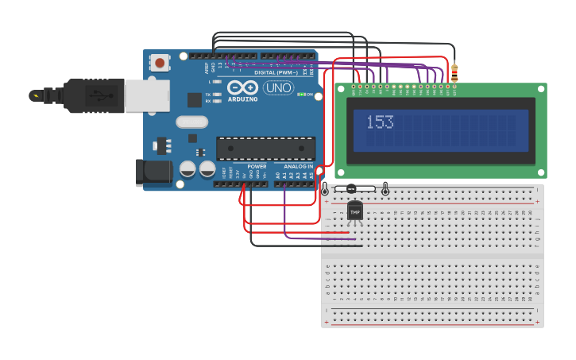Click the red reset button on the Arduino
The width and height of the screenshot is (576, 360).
click(x=160, y=62)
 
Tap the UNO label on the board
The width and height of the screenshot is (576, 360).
click(x=278, y=87)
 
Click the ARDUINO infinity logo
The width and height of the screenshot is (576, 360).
click(x=243, y=87)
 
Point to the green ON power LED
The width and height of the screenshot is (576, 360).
click(x=300, y=95)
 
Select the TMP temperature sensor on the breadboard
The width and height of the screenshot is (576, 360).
click(x=354, y=211)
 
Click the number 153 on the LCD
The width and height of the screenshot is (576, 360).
click(x=380, y=122)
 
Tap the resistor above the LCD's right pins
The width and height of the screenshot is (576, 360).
click(x=454, y=73)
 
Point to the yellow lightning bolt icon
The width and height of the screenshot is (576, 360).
click(x=34, y=95)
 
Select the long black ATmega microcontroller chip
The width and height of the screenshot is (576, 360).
click(x=265, y=149)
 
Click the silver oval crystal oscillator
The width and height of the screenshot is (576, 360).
click(x=191, y=122)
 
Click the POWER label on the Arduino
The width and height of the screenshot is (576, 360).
click(x=257, y=166)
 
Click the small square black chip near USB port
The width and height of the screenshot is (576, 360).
click(x=194, y=99)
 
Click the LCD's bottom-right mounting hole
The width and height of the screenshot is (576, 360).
click(x=542, y=172)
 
